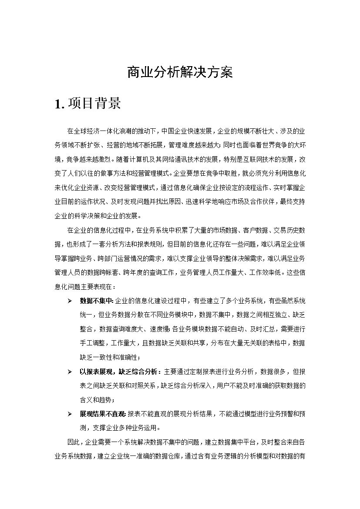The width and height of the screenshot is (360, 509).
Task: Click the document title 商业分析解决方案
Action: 180,73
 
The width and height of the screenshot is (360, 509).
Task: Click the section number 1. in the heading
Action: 60,104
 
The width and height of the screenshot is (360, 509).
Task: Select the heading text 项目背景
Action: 91,104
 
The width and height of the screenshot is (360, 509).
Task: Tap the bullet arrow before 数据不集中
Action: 70,301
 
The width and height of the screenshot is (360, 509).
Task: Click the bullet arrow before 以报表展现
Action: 70,372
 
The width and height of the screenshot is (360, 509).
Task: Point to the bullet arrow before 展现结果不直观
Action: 70,414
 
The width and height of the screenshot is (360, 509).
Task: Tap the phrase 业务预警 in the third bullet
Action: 270,414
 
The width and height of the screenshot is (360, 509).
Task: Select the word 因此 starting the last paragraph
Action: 74,442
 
